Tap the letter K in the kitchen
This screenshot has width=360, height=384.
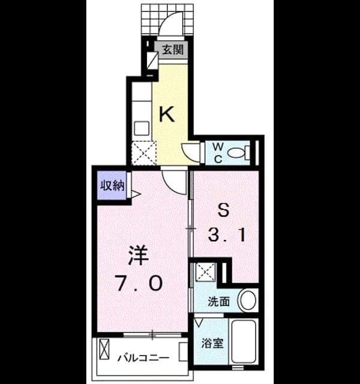click(167, 115)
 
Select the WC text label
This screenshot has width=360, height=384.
click(218, 153)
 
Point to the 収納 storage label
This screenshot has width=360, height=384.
click(112, 186)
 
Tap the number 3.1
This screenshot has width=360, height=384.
click(227, 235)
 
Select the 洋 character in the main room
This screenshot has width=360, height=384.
click(139, 256)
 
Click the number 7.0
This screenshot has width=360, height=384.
click(140, 283)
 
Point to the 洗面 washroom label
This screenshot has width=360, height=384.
click(218, 301)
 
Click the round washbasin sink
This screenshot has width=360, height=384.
click(248, 300)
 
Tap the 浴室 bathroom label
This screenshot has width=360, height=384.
click(212, 343)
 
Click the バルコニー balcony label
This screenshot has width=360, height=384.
click(143, 359)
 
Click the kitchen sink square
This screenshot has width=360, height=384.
click(142, 128)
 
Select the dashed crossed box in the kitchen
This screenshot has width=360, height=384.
click(144, 153)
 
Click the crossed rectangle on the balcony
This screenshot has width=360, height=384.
click(104, 349)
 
